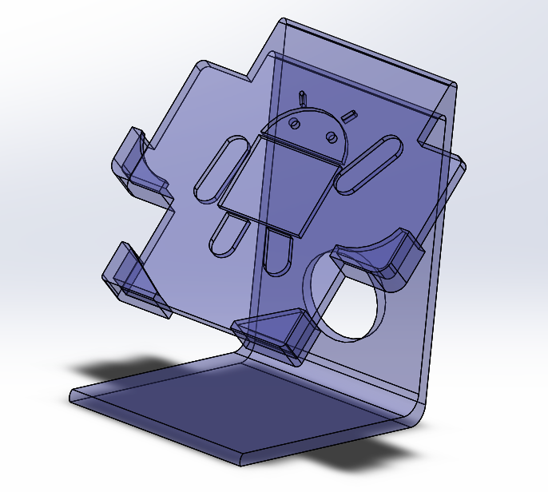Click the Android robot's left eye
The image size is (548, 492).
(294, 123)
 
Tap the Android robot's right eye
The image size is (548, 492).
(330, 135)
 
